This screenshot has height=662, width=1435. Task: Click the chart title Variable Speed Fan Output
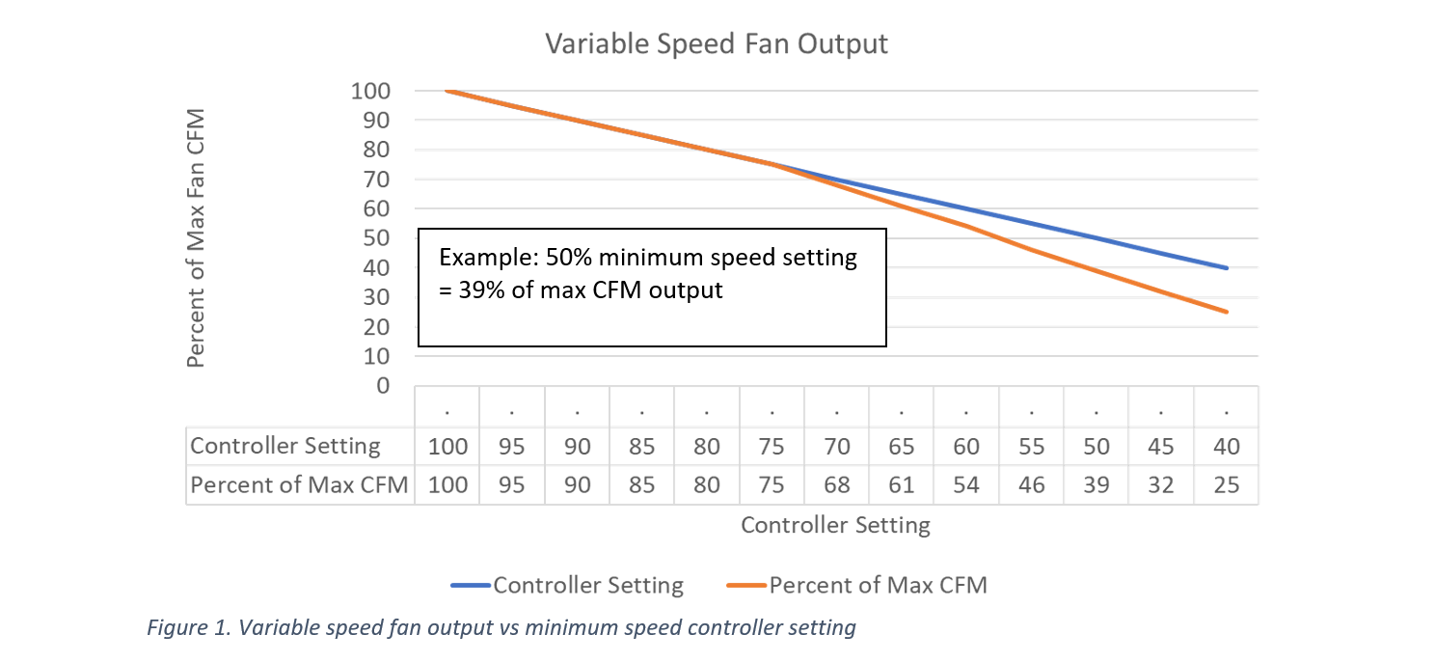[716, 44]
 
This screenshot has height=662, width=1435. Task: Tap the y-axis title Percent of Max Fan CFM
[196, 237]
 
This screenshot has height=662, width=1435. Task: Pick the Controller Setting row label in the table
[285, 446]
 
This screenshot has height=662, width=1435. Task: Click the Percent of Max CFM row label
[299, 484]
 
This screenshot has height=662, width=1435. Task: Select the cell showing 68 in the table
[836, 484]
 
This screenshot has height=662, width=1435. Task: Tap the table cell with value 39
[1097, 484]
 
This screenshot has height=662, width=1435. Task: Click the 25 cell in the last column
[1226, 484]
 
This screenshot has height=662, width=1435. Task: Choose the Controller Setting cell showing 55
[1031, 447]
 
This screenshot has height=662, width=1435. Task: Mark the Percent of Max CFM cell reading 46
[1031, 484]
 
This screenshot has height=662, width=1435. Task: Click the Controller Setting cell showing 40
[1226, 447]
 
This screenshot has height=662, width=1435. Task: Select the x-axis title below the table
[835, 525]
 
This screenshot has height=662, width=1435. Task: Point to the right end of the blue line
[1227, 268]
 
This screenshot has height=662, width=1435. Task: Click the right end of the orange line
[1227, 312]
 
